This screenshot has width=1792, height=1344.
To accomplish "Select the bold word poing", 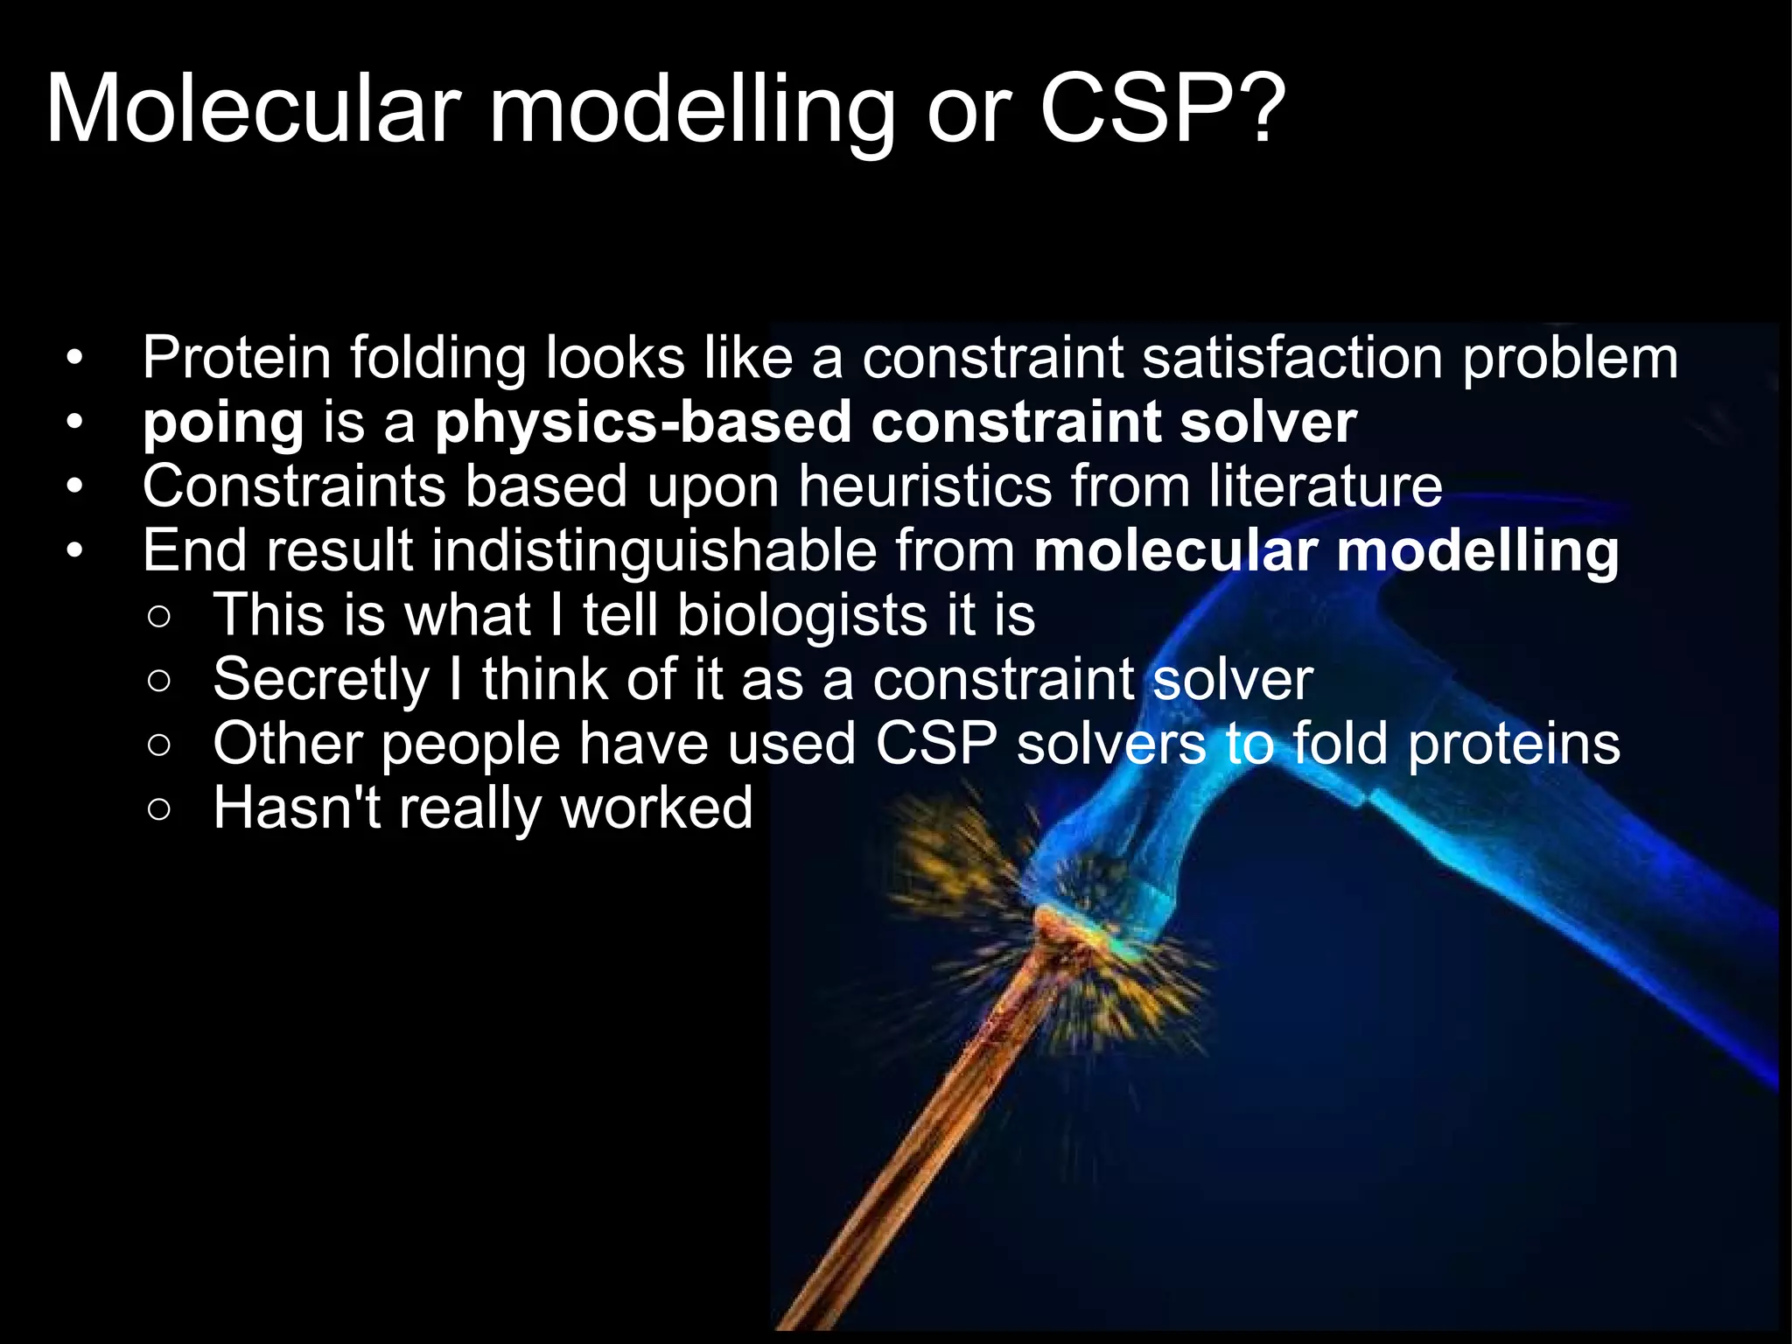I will click(x=223, y=423).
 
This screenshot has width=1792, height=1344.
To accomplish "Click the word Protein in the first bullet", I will click(x=236, y=359).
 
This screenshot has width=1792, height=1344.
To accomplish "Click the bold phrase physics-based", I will click(x=643, y=423).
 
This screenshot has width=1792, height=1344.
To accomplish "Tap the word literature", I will click(x=1326, y=486).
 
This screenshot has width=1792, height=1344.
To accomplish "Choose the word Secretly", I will click(x=320, y=680).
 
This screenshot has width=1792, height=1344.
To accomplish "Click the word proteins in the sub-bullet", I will click(x=1514, y=745).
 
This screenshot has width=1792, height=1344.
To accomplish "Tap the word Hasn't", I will click(x=297, y=808).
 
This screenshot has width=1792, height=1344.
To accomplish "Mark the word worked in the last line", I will click(x=656, y=808).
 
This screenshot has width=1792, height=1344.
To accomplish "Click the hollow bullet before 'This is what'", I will click(x=159, y=617).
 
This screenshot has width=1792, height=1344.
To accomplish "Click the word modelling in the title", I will click(x=691, y=109).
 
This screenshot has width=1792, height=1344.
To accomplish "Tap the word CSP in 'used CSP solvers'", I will click(x=936, y=745).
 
